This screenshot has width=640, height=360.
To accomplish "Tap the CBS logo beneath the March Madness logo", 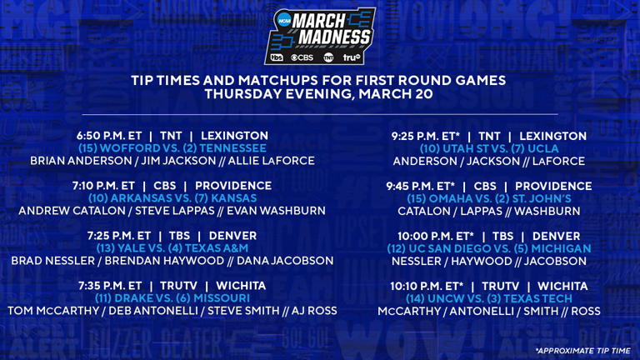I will click(302, 57).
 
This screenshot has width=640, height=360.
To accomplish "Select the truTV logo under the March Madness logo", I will click(352, 57).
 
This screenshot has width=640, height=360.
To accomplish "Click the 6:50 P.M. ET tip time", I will click(109, 136).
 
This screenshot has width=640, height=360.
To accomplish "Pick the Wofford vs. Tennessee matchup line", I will click(172, 148).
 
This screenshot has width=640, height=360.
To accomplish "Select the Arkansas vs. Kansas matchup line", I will click(172, 198).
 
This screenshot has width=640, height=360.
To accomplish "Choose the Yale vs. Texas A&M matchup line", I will click(172, 248).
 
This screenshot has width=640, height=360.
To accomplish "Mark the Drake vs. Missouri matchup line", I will click(172, 298).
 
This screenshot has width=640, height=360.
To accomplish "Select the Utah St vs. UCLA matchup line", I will click(489, 148).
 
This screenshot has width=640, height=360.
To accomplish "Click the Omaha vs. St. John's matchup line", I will click(489, 198).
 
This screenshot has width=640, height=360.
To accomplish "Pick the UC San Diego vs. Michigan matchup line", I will click(489, 248).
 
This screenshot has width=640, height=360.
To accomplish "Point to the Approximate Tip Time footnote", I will click(582, 351).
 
